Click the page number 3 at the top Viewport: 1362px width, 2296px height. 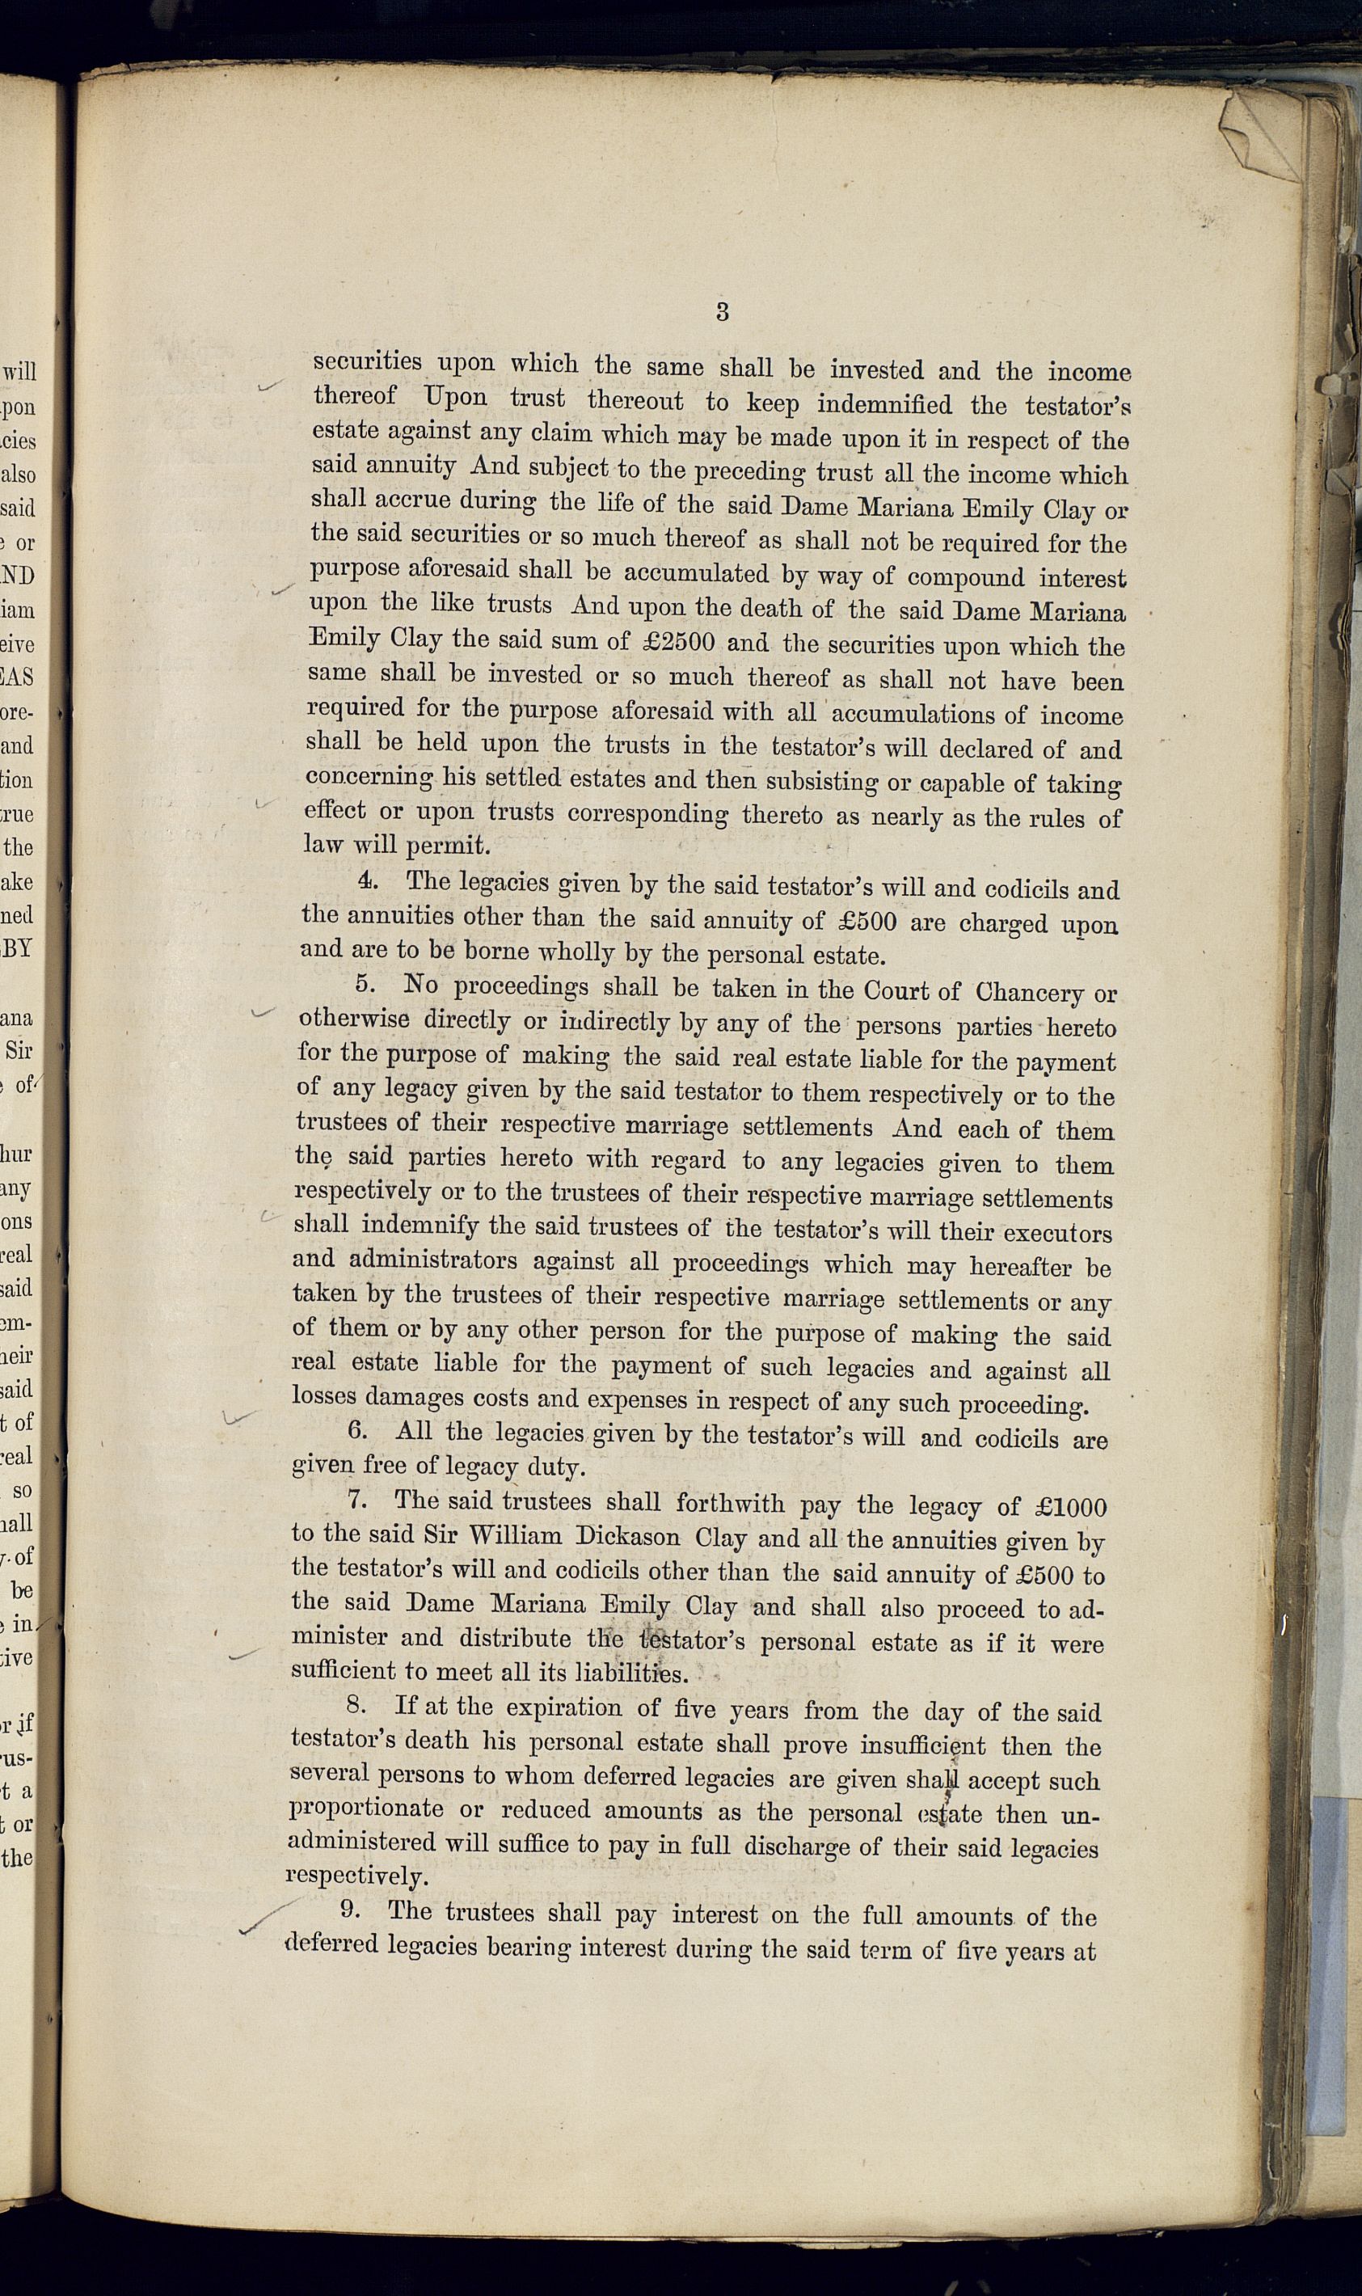[x=723, y=312]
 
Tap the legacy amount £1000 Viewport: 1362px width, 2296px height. [x=1070, y=1508]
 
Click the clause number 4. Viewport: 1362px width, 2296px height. [x=368, y=880]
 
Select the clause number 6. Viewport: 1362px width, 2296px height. [x=357, y=1433]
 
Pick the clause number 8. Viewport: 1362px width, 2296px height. [x=356, y=1706]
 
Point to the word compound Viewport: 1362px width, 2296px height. [x=965, y=578]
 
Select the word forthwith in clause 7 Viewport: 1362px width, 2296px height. [x=730, y=1504]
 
